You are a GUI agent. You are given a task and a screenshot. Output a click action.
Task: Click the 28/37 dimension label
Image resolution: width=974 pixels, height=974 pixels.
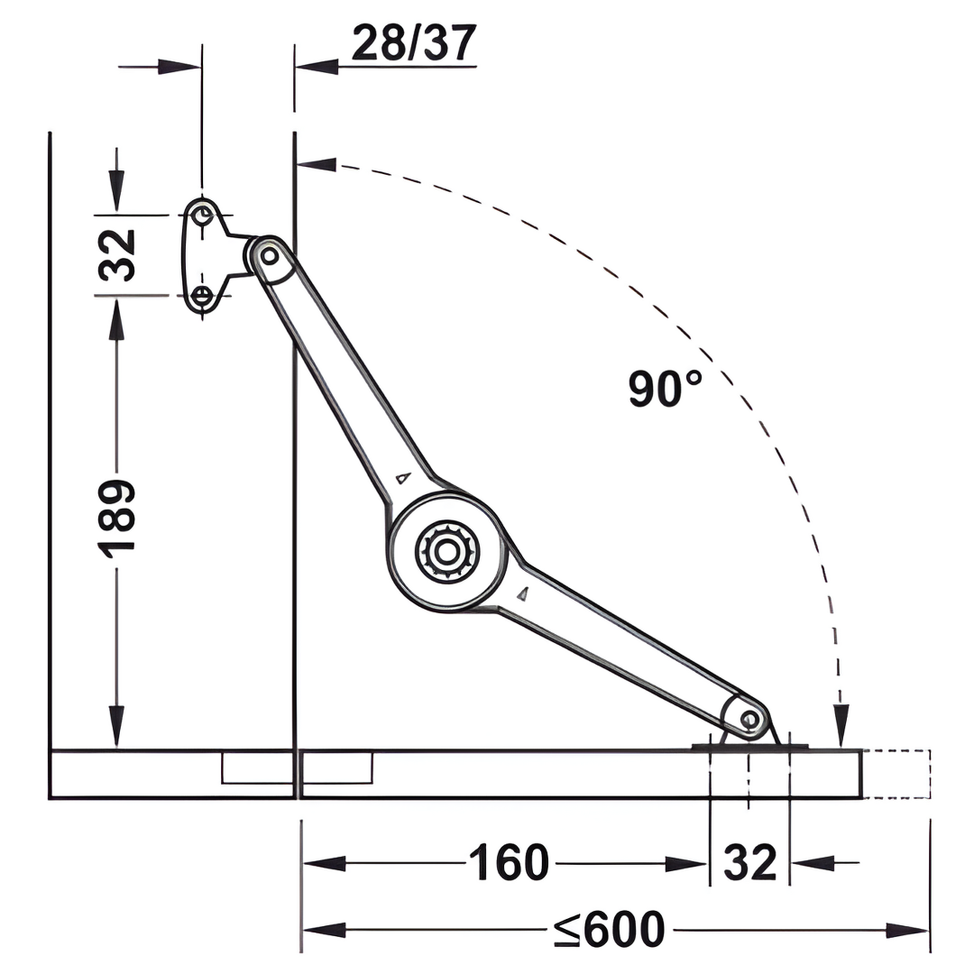click(414, 43)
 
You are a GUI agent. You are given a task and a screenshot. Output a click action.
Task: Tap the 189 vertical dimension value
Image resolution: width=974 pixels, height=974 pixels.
click(116, 518)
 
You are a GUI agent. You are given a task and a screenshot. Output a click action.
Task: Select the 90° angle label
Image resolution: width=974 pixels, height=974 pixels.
click(665, 389)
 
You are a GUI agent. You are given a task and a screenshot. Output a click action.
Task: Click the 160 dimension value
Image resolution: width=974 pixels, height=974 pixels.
click(510, 862)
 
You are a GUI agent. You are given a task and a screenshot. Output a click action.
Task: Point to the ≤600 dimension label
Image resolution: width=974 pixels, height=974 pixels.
click(610, 929)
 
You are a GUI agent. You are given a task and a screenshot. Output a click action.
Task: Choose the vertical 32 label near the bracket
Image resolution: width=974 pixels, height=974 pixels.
click(116, 255)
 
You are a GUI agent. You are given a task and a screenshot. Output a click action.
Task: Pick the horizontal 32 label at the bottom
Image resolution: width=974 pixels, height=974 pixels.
click(750, 862)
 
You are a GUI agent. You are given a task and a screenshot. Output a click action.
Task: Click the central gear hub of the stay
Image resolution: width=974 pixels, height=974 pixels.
click(446, 551)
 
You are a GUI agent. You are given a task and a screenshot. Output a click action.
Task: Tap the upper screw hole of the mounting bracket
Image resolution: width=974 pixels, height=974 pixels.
click(202, 216)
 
